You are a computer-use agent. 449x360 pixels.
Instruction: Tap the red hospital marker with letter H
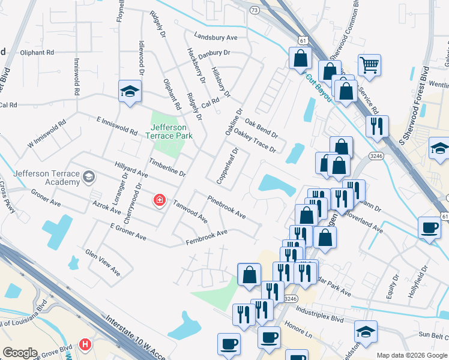point(86,345)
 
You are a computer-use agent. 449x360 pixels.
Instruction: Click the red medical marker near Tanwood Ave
point(159,200)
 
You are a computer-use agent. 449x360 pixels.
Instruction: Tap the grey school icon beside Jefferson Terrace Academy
point(89,176)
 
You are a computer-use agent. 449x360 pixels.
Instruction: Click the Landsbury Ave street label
point(215,37)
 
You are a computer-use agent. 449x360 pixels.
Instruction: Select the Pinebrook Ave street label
point(226,206)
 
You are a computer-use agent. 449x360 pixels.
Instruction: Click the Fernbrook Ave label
point(206,236)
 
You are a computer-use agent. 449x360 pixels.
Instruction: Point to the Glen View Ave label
point(103,263)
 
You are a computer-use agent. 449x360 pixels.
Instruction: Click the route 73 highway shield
point(255,10)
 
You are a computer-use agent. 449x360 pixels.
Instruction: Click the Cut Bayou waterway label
point(318,88)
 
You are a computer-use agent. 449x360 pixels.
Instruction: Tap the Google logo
point(20,353)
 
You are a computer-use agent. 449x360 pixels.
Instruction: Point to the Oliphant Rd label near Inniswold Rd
point(28,52)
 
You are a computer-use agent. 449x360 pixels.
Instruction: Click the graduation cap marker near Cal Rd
point(129,91)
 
